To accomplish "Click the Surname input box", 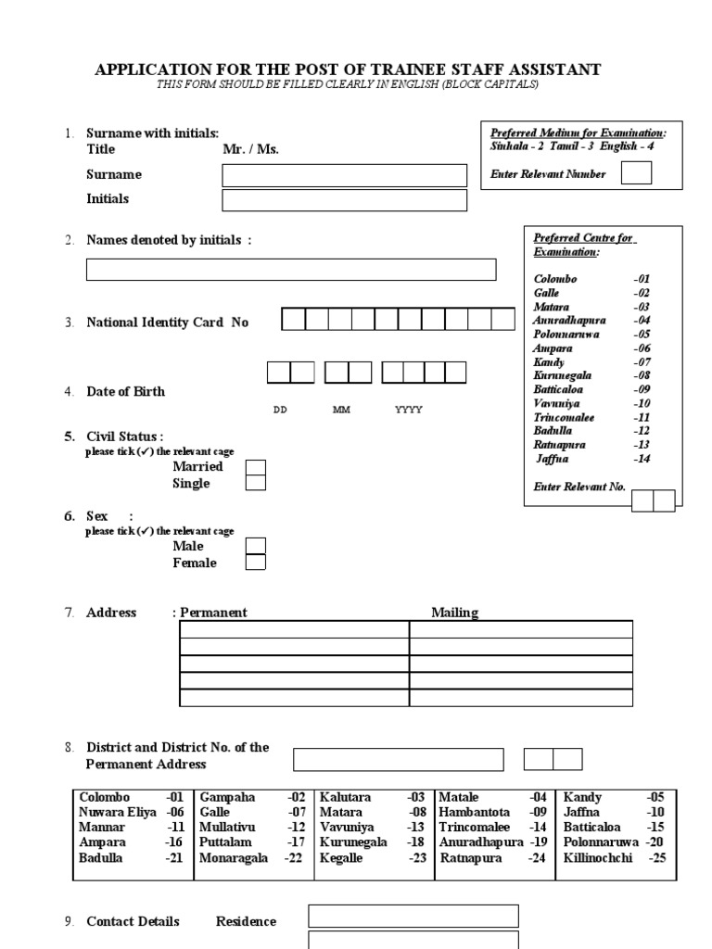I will click(x=345, y=175).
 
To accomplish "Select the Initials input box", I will click(x=345, y=200).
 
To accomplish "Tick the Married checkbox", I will click(x=255, y=467).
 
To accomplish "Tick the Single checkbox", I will click(x=255, y=483).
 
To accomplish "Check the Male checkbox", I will click(x=255, y=546).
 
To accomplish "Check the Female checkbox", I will click(x=255, y=563).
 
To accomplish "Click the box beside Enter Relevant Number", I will click(x=636, y=173).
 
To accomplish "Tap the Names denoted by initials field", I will click(x=291, y=270).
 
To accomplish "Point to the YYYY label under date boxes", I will click(x=409, y=410).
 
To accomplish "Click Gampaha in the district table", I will click(x=221, y=797).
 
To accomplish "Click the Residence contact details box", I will click(x=413, y=916).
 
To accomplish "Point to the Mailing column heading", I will click(x=454, y=613).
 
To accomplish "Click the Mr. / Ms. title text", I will click(x=250, y=148).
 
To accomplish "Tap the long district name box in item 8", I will click(x=399, y=760).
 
